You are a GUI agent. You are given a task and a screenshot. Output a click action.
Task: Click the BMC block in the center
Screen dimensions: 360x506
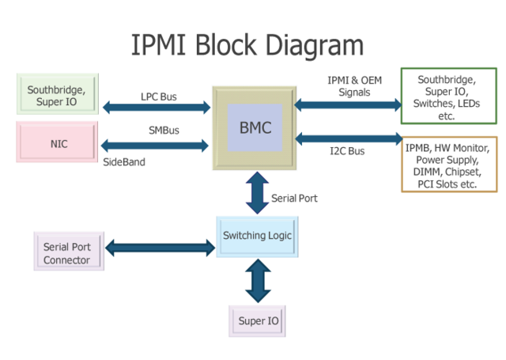(254, 127)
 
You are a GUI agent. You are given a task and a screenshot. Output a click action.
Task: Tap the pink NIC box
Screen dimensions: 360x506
(58, 142)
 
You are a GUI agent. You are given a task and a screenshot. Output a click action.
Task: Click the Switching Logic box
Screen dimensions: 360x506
(258, 235)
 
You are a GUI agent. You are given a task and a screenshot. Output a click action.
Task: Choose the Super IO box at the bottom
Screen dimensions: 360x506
(258, 320)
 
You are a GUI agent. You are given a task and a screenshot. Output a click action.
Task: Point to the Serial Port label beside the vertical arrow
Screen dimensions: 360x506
(294, 198)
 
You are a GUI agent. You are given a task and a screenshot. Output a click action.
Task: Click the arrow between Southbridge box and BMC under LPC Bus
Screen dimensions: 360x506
(156, 106)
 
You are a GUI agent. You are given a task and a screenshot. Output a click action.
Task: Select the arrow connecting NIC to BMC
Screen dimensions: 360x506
(156, 145)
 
